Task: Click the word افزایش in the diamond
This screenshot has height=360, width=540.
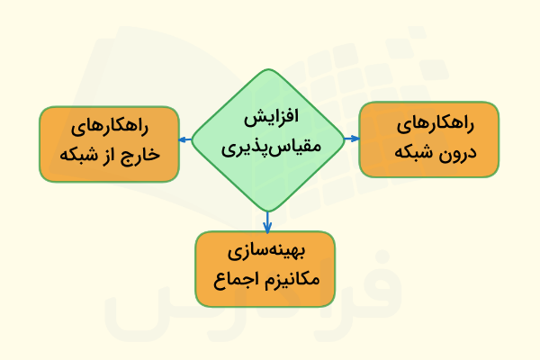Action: [272, 120]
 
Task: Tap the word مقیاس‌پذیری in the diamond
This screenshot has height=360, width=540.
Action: [269, 145]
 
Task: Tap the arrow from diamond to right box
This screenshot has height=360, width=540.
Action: [352, 139]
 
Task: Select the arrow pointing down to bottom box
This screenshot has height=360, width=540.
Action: [267, 222]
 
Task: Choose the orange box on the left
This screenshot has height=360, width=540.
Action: [108, 142]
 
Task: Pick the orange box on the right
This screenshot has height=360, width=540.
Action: [428, 139]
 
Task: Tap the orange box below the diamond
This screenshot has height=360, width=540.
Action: [265, 266]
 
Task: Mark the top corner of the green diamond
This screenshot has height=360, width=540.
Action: [267, 70]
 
